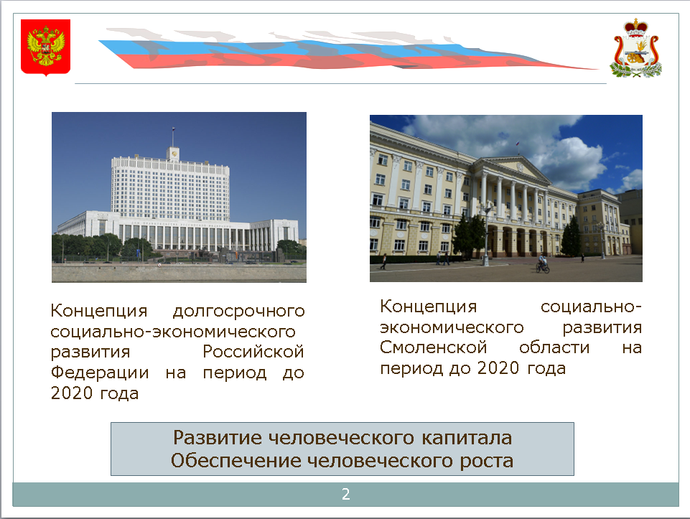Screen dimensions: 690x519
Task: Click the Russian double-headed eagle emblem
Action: tap(46, 47)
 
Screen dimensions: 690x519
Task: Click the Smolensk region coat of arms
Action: tap(635, 48)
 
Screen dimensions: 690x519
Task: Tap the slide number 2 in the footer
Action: tap(346, 495)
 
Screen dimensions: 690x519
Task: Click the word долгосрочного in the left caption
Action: tap(239, 311)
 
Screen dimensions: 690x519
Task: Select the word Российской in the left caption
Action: tap(253, 352)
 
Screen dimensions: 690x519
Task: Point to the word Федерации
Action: tap(100, 373)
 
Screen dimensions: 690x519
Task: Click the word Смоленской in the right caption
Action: tap(434, 347)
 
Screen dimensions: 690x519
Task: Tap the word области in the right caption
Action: tap(554, 347)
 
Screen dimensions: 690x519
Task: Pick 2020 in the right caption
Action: tap(498, 368)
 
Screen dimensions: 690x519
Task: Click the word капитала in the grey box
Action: tap(467, 438)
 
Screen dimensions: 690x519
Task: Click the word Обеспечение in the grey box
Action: tap(236, 461)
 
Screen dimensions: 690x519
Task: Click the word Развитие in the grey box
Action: tap(218, 438)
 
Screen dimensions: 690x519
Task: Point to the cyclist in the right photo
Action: tap(543, 264)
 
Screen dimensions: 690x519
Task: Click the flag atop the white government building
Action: tap(173, 129)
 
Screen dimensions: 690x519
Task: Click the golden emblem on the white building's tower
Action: tap(174, 154)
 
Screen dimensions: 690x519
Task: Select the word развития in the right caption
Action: tap(602, 327)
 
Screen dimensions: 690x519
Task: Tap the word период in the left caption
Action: tap(235, 373)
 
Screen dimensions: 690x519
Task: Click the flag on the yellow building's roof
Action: tap(518, 144)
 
